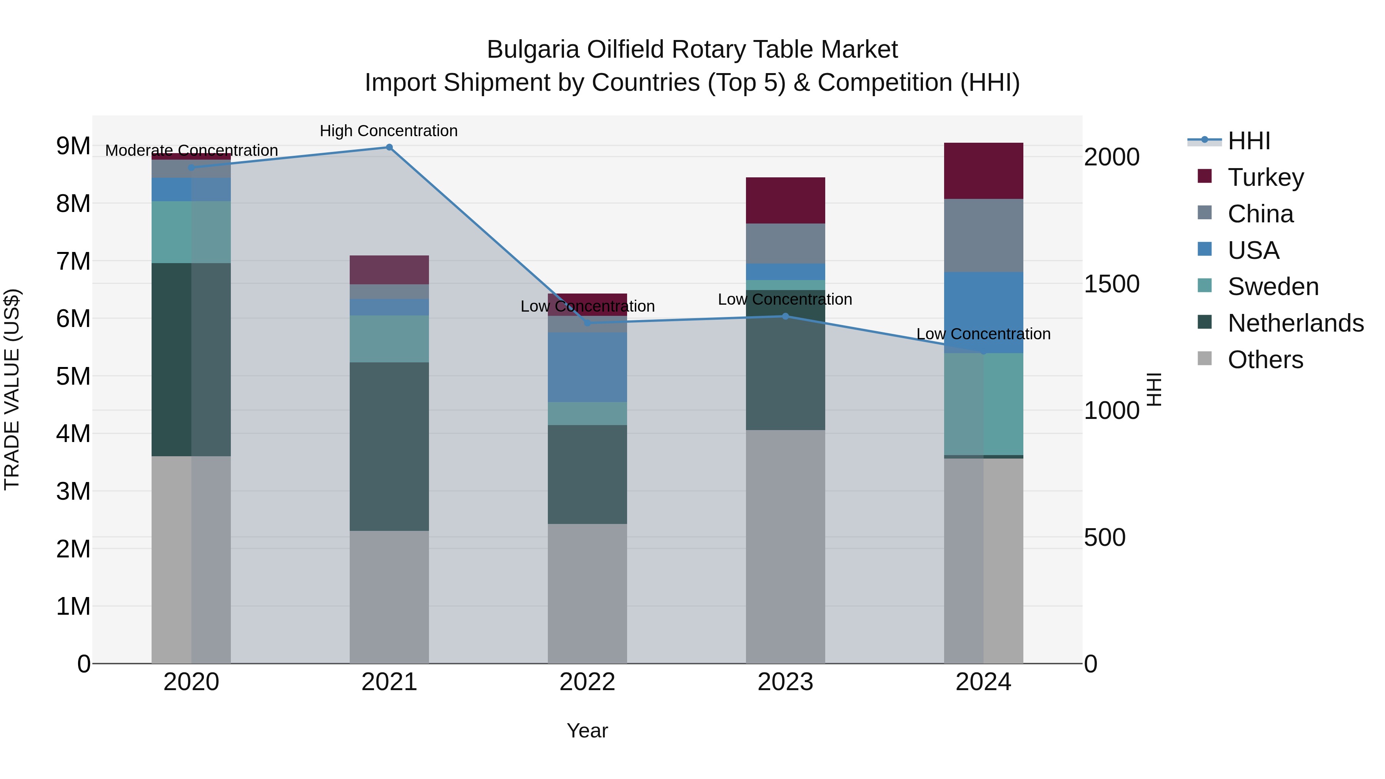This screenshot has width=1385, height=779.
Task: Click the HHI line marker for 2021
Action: coord(389,147)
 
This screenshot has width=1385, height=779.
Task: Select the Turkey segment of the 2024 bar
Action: coord(983,171)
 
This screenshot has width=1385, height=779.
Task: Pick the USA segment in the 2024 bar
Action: coord(983,312)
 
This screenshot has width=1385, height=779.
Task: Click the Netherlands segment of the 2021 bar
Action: coord(389,446)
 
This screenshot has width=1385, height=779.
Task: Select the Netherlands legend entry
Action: coord(1295,323)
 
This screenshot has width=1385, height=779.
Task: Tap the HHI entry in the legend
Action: coord(1248,141)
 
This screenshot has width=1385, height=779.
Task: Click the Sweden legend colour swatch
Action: coord(1205,286)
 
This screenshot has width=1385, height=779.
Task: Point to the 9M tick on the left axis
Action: coord(73,146)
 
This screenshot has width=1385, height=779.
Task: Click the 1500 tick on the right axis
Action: coord(1111,284)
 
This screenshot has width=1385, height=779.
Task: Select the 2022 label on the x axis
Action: coord(587,682)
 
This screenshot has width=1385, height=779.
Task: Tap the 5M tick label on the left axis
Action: coord(73,376)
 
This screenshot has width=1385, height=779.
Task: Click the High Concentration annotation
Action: coord(389,131)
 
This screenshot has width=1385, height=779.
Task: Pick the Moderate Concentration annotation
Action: coord(192,150)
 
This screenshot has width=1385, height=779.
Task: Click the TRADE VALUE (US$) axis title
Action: coord(12,389)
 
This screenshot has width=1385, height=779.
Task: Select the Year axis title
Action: coord(587,731)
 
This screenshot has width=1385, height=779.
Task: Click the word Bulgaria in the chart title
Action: coord(533,50)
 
